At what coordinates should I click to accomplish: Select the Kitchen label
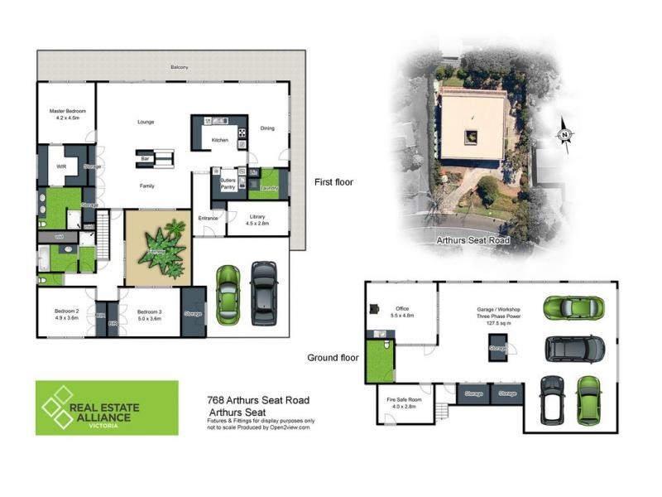click(219, 140)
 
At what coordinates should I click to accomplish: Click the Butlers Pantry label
click(228, 184)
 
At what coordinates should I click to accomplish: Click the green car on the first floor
click(227, 294)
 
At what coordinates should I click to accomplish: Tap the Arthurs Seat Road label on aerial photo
click(473, 241)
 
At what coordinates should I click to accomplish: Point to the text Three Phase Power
click(496, 315)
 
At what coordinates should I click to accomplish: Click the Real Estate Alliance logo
click(107, 408)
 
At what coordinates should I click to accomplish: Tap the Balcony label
click(179, 67)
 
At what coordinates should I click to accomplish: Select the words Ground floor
click(333, 358)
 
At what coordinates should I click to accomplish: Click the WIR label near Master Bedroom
click(60, 166)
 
